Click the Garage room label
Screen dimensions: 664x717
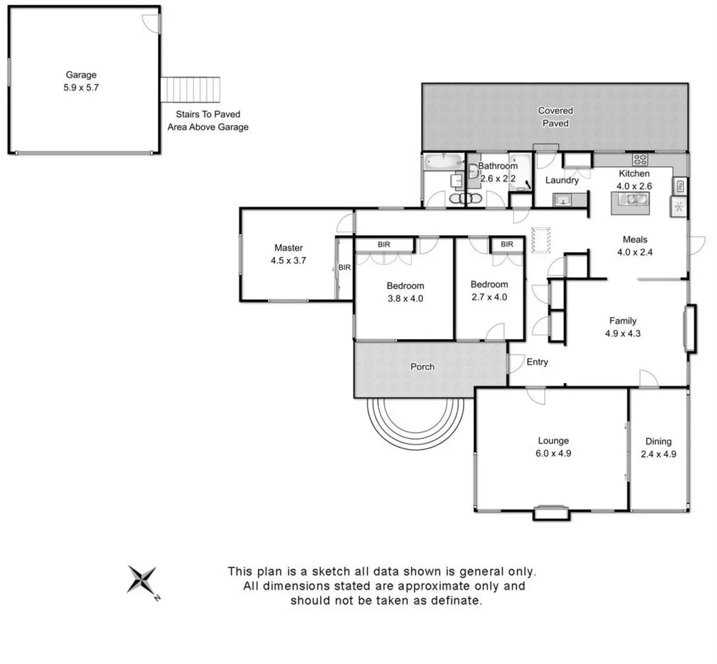(81, 75)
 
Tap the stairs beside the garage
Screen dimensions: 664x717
(190, 90)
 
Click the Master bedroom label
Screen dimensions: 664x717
(288, 248)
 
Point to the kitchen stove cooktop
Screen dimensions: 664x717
(640, 160)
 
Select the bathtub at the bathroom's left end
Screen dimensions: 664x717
(444, 161)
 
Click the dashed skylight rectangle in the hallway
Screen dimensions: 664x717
(541, 239)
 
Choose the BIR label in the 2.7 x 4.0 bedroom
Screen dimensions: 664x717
(507, 245)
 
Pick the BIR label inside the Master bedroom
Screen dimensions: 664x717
(344, 268)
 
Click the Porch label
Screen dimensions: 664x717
(422, 367)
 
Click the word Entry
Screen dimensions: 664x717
(537, 362)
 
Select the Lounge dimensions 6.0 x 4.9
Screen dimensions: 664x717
(553, 453)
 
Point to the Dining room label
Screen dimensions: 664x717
(658, 442)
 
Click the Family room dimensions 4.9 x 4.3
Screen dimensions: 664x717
(623, 333)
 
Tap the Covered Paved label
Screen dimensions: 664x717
(555, 117)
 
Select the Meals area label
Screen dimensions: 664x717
(635, 239)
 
